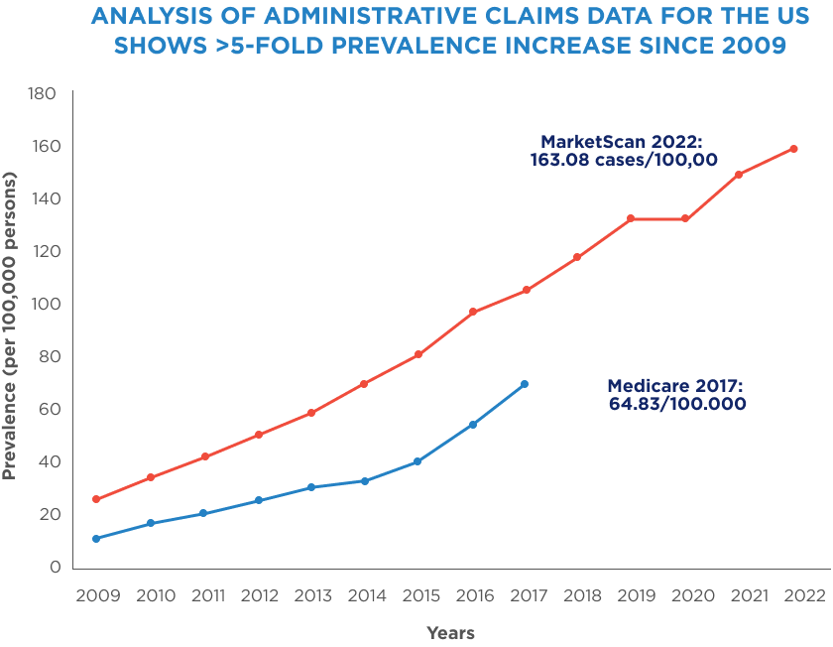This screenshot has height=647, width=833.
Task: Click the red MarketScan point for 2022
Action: click(x=794, y=149)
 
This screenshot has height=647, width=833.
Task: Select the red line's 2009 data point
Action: click(x=96, y=499)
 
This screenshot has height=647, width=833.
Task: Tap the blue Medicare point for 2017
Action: click(x=525, y=384)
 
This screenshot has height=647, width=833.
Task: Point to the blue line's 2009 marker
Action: click(x=96, y=539)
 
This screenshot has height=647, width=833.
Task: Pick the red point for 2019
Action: click(x=631, y=218)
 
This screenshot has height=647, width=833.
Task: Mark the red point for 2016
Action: click(x=472, y=312)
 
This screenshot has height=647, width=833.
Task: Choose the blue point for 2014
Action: click(x=365, y=481)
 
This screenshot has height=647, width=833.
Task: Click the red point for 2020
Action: click(x=685, y=218)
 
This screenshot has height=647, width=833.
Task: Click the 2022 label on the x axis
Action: click(x=796, y=595)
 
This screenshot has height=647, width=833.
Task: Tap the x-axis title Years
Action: click(x=450, y=633)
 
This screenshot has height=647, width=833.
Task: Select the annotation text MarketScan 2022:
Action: click(x=621, y=141)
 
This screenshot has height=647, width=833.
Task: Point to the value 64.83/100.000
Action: click(x=677, y=404)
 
